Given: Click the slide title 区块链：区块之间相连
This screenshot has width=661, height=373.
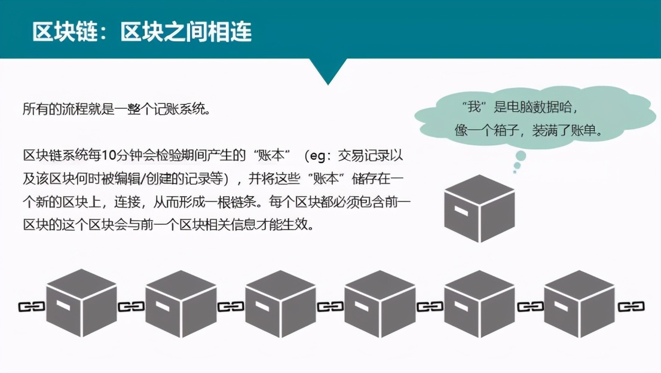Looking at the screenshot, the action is tap(142, 32).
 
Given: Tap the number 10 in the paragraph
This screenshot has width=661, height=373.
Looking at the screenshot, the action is tap(108, 155).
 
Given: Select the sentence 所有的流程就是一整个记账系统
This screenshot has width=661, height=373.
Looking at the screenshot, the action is tap(117, 109).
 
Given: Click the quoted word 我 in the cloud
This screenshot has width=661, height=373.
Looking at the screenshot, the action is tap(475, 107).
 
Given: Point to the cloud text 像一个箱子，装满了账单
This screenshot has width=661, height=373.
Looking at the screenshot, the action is tap(529, 130).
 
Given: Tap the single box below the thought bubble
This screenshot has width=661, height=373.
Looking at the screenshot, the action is tap(479, 209).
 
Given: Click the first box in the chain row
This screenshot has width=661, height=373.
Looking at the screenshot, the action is tap(81, 303).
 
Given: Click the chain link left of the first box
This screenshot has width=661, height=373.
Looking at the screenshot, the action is tap(32, 307).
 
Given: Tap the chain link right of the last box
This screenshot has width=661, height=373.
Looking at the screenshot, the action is tap(631, 307).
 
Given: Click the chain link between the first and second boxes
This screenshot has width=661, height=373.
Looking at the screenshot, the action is tap(131, 307).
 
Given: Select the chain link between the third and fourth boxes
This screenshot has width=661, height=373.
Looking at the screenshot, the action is tap(330, 307).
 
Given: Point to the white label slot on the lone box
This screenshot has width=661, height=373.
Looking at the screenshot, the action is tap(461, 210).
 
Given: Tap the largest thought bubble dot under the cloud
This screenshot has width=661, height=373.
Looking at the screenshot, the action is tap(521, 156).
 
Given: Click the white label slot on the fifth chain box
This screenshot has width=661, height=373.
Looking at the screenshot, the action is tap(461, 305).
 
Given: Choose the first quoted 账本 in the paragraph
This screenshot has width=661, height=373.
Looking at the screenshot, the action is tap(271, 155).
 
